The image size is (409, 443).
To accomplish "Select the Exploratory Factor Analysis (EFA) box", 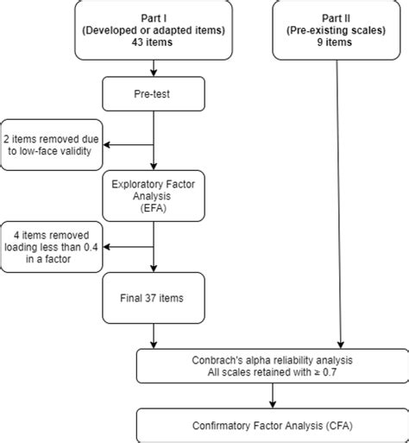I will pos(153,196).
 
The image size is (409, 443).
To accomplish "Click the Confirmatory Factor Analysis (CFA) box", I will pos(273,425).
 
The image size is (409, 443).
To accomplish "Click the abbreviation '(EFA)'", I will pos(153,208).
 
